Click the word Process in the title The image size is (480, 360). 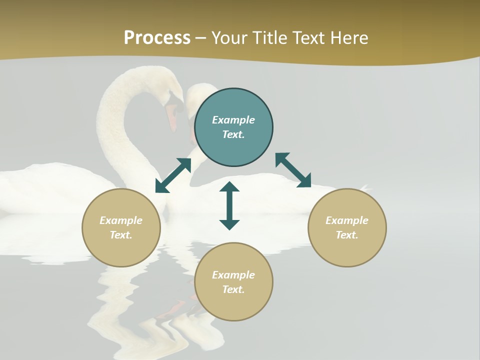(157, 37)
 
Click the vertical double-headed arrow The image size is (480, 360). (229, 205)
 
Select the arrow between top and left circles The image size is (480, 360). (173, 175)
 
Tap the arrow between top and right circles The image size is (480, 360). (293, 170)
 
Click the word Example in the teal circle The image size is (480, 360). (233, 120)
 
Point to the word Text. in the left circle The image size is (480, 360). (121, 235)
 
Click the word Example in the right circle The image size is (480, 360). (347, 220)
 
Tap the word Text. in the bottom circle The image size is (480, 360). (233, 289)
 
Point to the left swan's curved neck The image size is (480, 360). (112, 125)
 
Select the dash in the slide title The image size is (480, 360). (201, 38)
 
